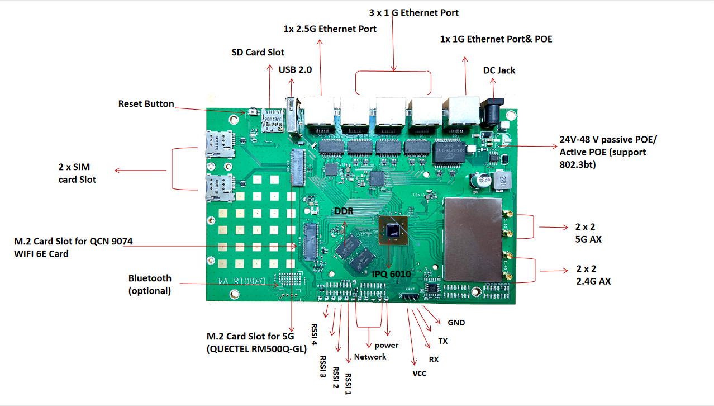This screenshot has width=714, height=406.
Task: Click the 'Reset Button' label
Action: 146,104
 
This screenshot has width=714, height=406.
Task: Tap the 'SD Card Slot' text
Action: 258,53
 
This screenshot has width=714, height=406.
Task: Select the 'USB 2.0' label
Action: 295,70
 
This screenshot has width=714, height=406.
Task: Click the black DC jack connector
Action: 491,111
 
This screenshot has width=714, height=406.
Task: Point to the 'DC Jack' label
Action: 499,70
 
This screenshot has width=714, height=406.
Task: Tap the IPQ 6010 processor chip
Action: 393,229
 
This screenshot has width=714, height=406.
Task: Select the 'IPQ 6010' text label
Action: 391,274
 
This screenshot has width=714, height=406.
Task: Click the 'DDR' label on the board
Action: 344,211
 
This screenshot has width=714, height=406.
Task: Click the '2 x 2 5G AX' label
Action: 588,233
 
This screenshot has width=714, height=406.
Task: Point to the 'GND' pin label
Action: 456,323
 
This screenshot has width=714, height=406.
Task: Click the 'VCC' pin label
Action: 419,373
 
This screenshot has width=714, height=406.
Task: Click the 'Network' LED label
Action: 370,357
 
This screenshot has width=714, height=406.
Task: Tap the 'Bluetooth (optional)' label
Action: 150,284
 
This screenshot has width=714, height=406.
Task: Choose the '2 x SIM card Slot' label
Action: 77,174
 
